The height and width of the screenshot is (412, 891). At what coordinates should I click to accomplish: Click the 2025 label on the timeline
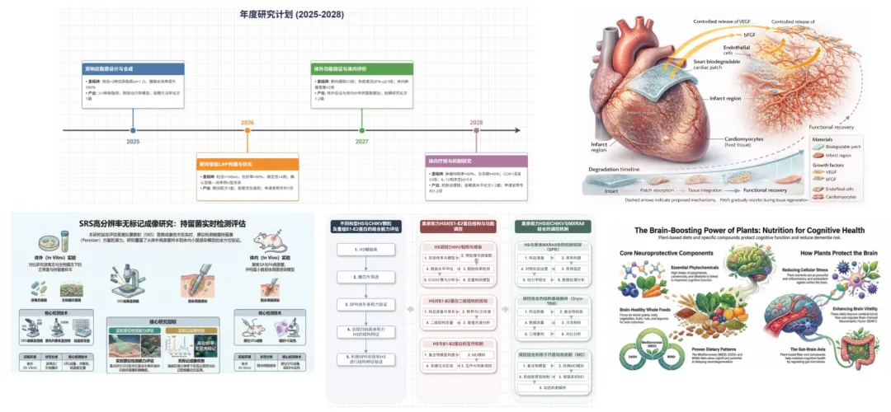(133, 142)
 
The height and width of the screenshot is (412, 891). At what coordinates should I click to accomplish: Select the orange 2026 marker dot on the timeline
(247, 130)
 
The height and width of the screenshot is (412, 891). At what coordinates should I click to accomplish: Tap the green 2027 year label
(361, 142)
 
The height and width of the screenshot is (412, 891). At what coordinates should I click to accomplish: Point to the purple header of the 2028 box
(476, 161)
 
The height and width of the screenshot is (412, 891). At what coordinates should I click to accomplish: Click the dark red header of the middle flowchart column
(454, 225)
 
